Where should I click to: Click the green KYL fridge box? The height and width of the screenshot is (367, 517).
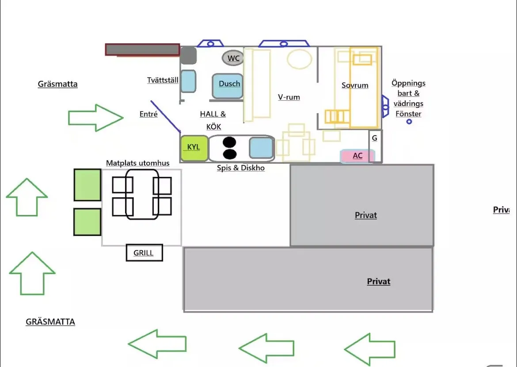(x=194, y=148)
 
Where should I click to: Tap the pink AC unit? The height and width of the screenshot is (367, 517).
(x=358, y=156)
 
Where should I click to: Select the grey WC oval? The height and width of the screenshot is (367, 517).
(x=233, y=58)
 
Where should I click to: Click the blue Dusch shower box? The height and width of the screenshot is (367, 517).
(x=228, y=86)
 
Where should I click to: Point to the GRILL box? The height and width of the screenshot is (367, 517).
(x=144, y=253)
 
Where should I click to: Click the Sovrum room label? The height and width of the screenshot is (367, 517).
(x=355, y=85)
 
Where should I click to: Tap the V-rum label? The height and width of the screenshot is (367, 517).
(x=289, y=97)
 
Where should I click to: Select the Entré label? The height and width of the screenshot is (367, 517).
(x=148, y=114)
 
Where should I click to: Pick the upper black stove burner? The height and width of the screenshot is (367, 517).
(x=229, y=142)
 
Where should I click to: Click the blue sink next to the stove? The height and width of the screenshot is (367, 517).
(x=261, y=148)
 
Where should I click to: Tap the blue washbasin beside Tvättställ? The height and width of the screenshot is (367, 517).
(x=188, y=81)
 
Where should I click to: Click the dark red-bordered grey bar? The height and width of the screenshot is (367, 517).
(x=143, y=50)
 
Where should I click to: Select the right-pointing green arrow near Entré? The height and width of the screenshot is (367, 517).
(x=95, y=118)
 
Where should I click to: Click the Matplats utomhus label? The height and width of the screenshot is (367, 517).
(x=137, y=163)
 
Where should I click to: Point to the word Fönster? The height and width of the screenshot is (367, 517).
(x=409, y=114)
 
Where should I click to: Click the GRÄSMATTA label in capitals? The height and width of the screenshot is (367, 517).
(x=50, y=322)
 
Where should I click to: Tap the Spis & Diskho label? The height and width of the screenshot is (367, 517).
(x=241, y=168)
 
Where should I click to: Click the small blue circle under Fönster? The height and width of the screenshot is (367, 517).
(x=409, y=122)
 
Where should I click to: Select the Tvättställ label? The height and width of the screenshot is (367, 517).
(x=163, y=80)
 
